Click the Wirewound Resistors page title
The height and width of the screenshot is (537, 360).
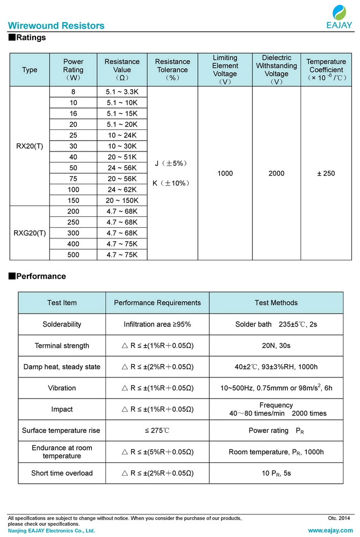56,26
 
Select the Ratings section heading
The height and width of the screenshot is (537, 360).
27,38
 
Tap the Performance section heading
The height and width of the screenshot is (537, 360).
37,276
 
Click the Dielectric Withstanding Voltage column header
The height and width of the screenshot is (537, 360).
276,70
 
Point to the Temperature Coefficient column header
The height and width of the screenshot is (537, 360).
325,70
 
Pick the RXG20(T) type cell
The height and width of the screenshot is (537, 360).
30,233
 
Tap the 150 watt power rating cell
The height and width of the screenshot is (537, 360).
73,200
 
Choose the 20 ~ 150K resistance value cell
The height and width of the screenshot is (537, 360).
122,200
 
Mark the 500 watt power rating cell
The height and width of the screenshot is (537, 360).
73,255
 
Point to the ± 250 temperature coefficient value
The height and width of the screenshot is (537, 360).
325,173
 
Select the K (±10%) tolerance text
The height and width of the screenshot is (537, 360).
172,183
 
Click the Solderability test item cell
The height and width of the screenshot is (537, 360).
62,324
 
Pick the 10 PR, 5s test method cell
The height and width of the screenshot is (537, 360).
276,473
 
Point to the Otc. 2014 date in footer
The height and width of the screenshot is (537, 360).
339,518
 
